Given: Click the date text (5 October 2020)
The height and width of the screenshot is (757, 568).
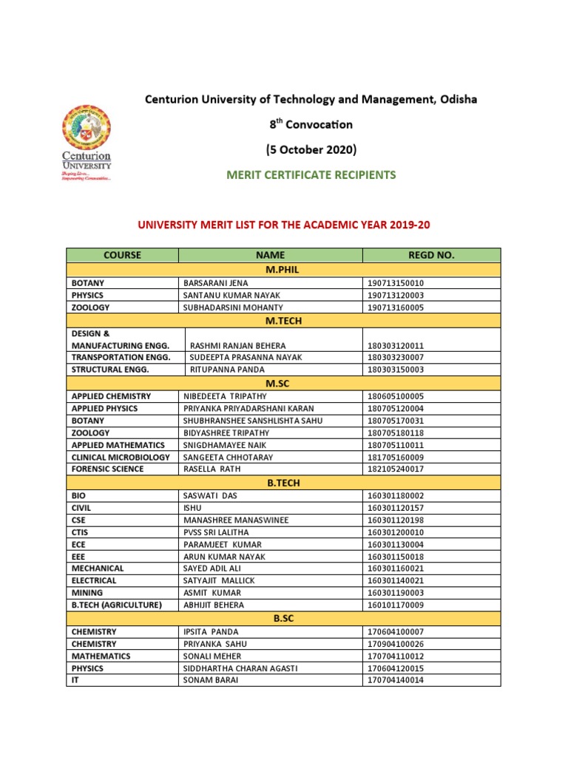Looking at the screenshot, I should click(x=311, y=150).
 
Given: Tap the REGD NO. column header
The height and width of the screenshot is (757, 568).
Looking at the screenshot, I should click(x=431, y=255).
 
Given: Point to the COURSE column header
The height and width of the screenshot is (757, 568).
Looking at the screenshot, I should click(x=123, y=255).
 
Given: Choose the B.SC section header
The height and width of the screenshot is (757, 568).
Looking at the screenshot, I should click(x=284, y=619).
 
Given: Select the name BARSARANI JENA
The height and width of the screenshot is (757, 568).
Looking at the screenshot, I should click(x=216, y=283).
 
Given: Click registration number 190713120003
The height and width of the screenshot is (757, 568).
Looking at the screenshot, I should click(x=396, y=295).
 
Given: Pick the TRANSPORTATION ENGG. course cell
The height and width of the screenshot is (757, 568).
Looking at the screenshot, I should click(x=121, y=357).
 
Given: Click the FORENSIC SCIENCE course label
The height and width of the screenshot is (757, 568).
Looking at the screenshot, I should click(x=108, y=469).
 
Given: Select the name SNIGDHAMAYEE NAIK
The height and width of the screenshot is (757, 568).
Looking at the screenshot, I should click(x=225, y=445).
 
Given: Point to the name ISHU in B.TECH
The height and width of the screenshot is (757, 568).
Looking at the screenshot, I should click(x=192, y=509).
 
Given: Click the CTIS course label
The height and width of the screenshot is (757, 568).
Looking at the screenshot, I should click(x=81, y=532).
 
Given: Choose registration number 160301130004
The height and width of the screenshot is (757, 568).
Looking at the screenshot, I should click(x=396, y=545).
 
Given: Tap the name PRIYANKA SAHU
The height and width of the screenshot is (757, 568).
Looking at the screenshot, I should click(x=214, y=644).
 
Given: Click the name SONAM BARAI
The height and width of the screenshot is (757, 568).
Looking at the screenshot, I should click(x=211, y=680).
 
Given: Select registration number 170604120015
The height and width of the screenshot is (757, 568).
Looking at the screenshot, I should click(x=396, y=668).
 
